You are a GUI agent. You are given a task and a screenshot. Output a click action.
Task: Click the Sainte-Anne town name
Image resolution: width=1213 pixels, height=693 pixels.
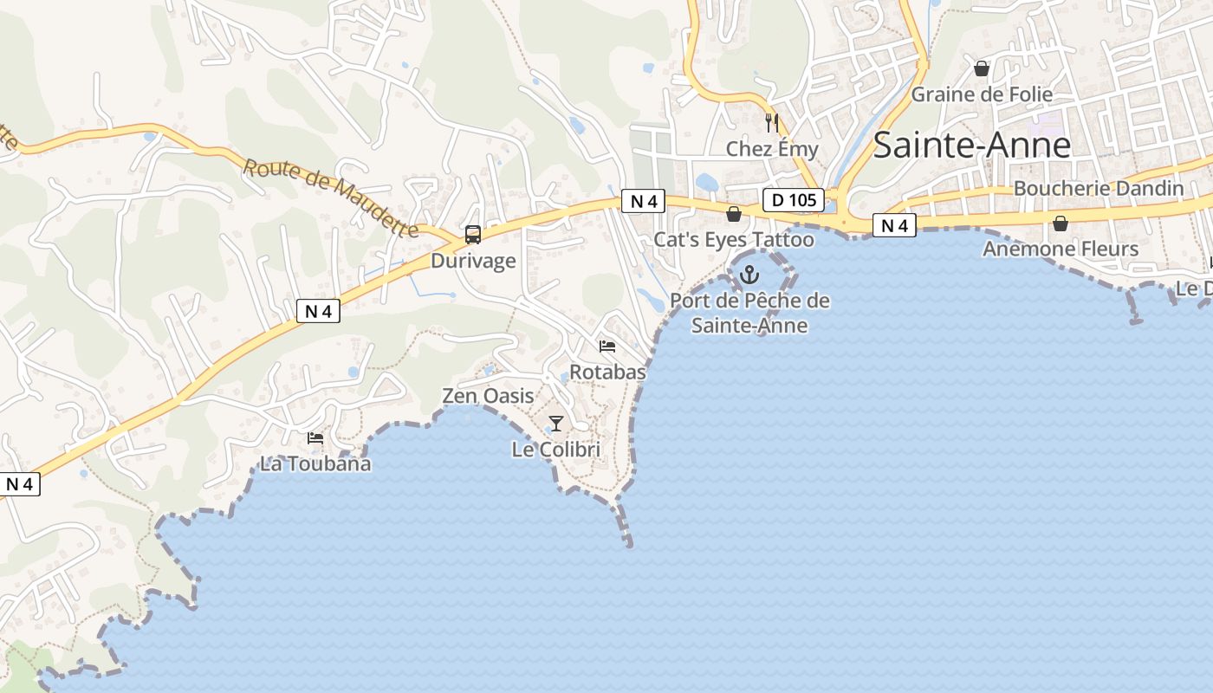point(971,146)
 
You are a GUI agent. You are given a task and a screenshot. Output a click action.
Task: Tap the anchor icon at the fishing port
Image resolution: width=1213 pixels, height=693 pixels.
point(749,275)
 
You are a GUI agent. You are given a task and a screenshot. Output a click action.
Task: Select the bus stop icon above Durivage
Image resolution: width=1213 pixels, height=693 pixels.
point(473,235)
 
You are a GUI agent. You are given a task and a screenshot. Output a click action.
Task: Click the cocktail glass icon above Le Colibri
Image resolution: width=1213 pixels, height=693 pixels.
point(556,424)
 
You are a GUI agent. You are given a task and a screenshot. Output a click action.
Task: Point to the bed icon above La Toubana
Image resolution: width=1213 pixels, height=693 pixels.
point(315,438)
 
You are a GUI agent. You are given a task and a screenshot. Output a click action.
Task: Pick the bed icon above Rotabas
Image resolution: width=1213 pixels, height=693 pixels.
point(607,346)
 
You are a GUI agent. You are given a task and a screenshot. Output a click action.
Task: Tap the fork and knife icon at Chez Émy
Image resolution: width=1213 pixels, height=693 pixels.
point(772,123)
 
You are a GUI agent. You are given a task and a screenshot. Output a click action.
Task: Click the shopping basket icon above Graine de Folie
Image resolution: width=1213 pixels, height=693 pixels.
point(982,68)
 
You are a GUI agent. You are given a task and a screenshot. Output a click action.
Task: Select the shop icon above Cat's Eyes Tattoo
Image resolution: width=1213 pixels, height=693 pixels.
point(734,214)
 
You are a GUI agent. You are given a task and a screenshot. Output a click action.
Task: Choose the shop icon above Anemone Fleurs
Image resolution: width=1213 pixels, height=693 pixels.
point(1060,223)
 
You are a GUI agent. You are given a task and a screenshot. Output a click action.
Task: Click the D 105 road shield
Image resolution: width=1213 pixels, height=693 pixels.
point(794,201)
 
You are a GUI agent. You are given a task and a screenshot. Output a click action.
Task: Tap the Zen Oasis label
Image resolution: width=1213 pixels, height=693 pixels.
point(489,396)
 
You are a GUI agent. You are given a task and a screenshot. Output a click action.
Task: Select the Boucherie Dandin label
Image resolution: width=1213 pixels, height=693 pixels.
point(1099,189)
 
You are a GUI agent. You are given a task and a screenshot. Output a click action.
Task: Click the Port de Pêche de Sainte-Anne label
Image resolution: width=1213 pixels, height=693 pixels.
point(750,314)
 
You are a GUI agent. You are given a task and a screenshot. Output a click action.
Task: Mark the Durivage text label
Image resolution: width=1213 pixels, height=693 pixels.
point(473,261)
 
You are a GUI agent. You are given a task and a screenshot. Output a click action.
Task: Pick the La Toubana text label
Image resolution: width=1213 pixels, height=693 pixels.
point(315,463)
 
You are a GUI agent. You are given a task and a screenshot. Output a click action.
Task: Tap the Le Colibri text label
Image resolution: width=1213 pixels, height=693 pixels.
point(556,450)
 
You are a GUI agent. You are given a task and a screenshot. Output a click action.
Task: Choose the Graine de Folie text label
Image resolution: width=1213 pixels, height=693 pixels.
point(982,94)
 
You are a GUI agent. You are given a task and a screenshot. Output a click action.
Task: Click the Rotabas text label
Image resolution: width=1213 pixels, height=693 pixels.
point(607,372)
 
